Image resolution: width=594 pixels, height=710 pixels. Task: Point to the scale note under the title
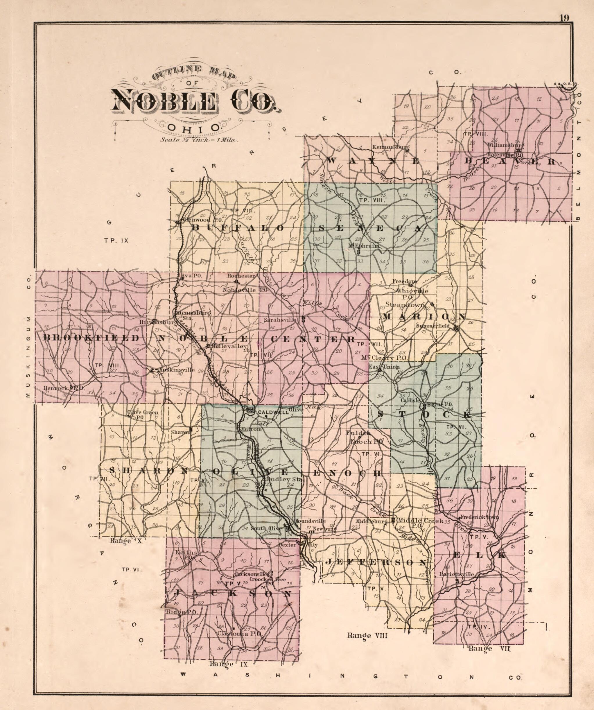tap(200, 139)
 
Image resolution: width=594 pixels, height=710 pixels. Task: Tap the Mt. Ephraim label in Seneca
tap(364, 246)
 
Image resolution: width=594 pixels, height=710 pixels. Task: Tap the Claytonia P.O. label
tap(239, 633)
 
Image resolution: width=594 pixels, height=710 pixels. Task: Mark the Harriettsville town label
tap(456, 574)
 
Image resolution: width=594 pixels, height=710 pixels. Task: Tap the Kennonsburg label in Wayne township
tap(390, 147)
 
